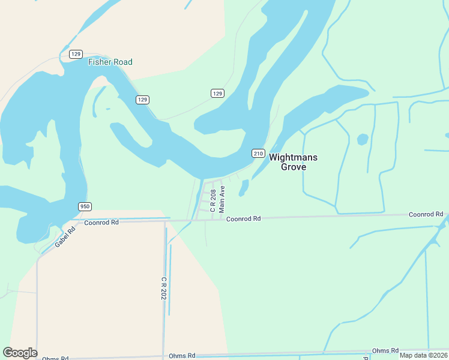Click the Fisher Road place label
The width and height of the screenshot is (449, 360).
[x=110, y=62]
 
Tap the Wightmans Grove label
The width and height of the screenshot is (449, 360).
[x=293, y=162]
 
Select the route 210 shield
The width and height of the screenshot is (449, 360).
[x=258, y=153]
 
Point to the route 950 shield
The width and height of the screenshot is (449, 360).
[x=85, y=206]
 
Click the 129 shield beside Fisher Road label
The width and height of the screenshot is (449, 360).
[x=76, y=54]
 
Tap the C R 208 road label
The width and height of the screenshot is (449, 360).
[x=212, y=200]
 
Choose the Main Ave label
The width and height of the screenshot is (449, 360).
[x=222, y=199]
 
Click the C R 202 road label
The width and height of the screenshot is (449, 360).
[x=163, y=288]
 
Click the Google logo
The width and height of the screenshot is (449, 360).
[x=20, y=353]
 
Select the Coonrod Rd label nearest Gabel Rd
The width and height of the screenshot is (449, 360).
[x=101, y=222]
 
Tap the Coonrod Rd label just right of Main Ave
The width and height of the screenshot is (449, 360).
[x=243, y=219]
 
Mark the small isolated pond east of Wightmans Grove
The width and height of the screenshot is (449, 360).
[x=363, y=139]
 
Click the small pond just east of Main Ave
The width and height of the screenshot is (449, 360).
[x=244, y=188]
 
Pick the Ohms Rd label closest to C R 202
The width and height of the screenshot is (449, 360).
[x=182, y=355]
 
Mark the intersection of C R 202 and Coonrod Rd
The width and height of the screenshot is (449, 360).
[x=165, y=221]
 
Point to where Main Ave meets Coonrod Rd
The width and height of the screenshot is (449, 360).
[x=221, y=220]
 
